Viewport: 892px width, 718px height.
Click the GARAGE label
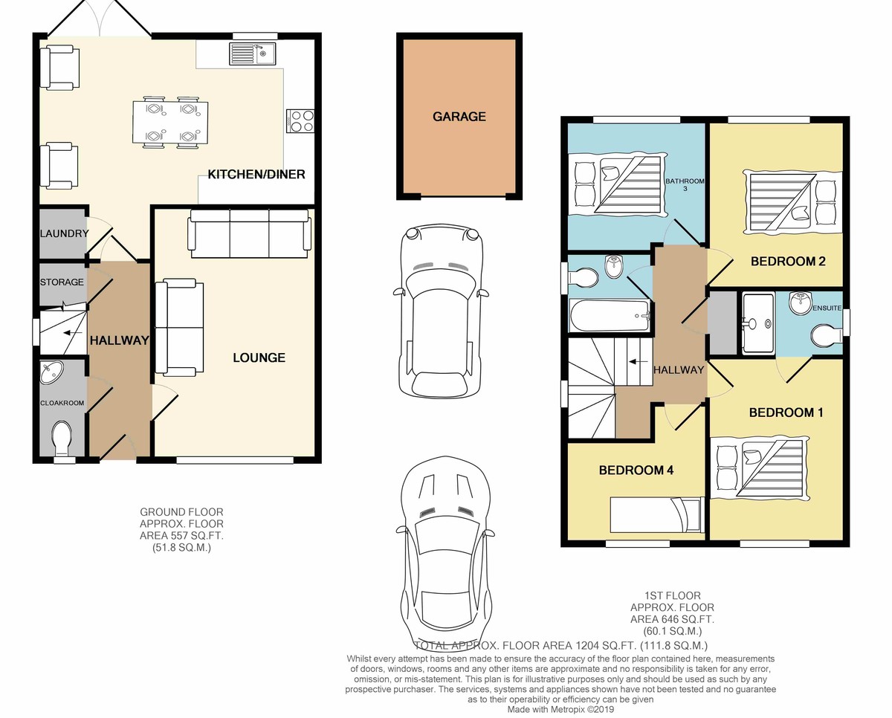point(459,117)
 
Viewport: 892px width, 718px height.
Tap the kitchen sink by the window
point(252,54)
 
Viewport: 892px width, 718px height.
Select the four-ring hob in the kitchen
point(300,120)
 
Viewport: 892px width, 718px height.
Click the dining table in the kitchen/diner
point(170,123)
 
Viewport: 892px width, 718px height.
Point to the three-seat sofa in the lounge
point(249,234)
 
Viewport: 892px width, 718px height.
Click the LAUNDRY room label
point(64,233)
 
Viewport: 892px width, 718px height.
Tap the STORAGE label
point(62,282)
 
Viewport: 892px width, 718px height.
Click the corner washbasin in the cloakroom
point(52,372)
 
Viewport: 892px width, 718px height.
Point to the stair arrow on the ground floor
point(72,332)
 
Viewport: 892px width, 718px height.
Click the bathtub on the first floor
point(610,315)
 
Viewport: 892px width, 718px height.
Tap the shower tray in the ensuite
point(758,323)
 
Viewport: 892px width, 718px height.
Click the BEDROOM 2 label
point(788,261)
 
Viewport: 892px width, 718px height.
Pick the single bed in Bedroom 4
point(657,514)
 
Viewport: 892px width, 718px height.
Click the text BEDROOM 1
point(786,413)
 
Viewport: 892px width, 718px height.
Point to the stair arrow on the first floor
point(639,361)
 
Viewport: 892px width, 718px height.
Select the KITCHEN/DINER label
point(256,174)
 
